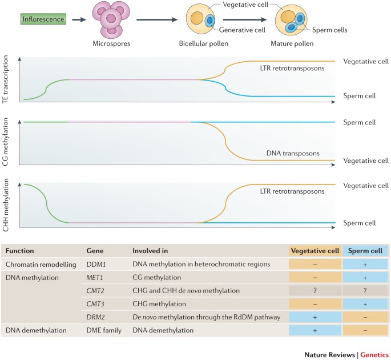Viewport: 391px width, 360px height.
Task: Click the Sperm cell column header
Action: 365,250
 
